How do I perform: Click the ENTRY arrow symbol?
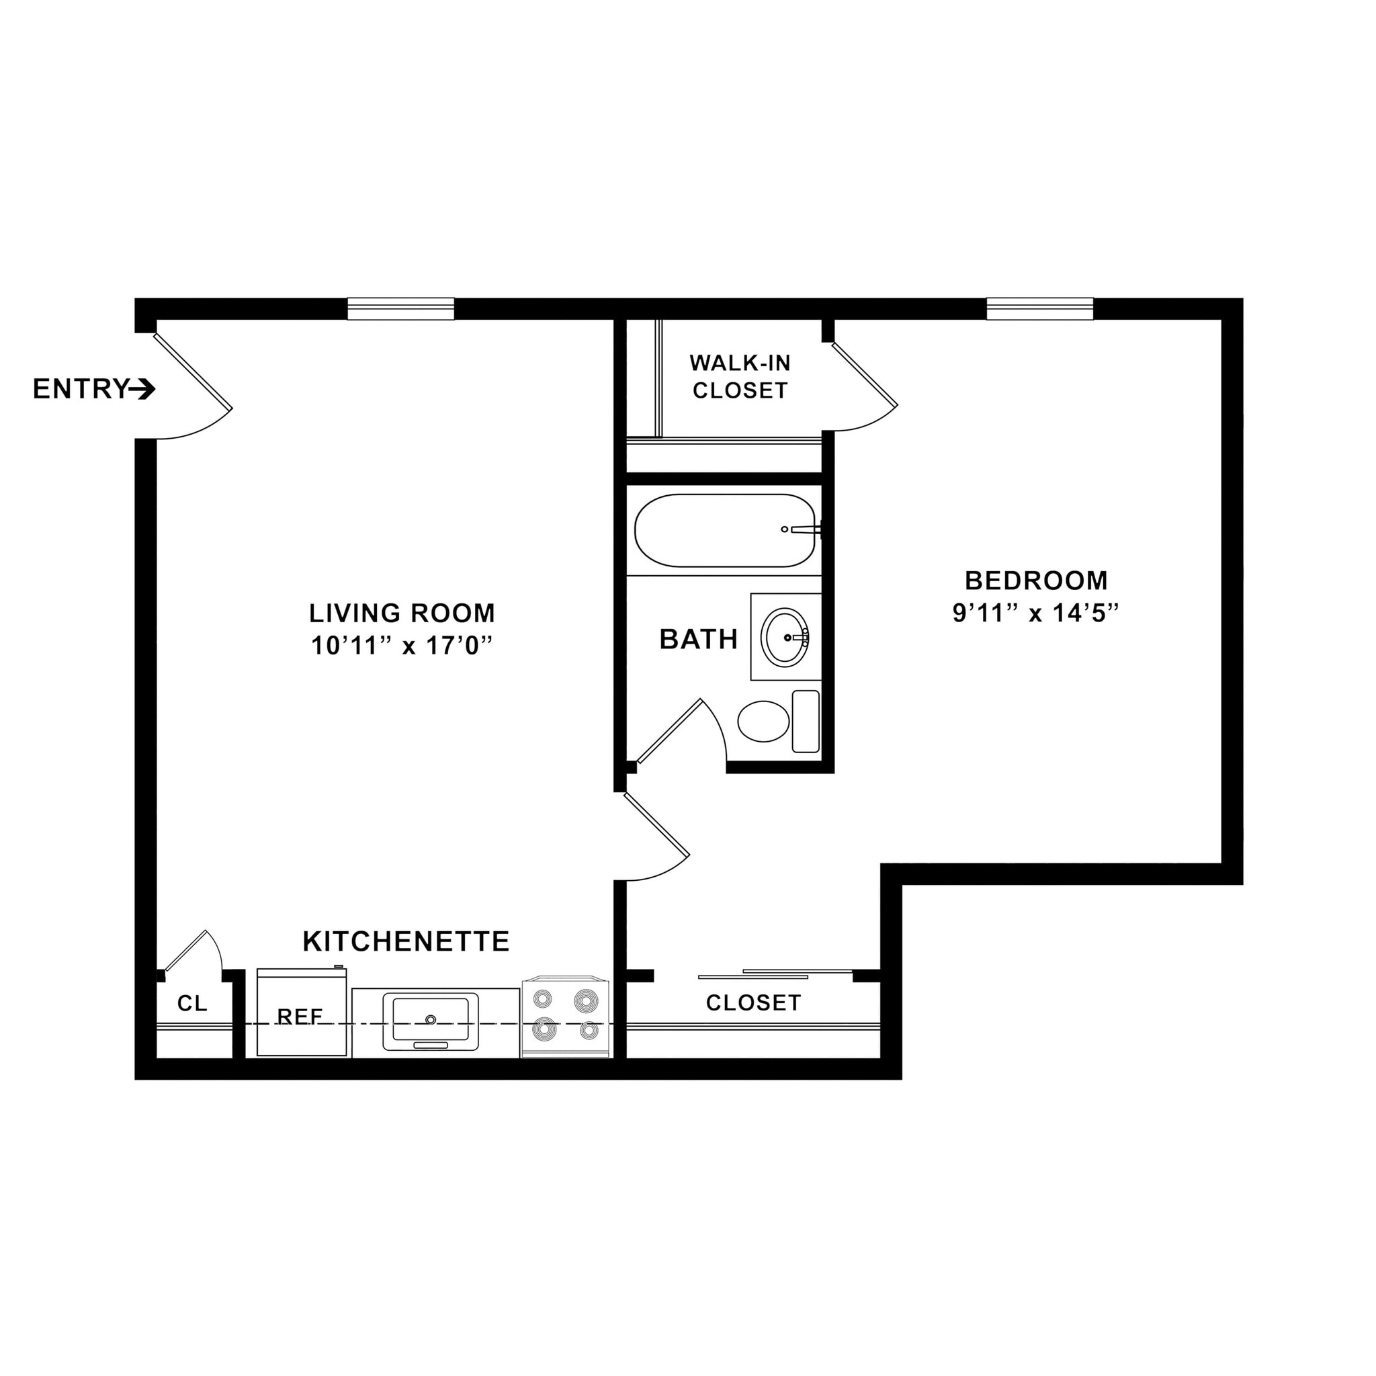[143, 390]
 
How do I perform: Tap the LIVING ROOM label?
[402, 613]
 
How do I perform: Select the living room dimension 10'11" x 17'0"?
[402, 646]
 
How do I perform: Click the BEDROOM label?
[1035, 580]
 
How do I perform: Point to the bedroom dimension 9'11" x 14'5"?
[1035, 613]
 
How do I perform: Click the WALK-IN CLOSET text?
[740, 377]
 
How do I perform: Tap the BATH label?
[698, 640]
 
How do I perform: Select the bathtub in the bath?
[724, 531]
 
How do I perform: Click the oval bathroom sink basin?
[784, 638]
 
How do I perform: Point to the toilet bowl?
[763, 722]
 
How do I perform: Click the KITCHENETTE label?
[406, 941]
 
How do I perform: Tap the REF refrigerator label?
[300, 1017]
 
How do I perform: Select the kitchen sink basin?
[430, 1020]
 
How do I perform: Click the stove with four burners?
[566, 1017]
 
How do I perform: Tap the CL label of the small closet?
[192, 1004]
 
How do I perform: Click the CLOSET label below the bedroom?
[754, 1003]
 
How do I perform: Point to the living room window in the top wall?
[401, 309]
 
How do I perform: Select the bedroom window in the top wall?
[1039, 309]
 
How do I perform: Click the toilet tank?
[806, 721]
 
